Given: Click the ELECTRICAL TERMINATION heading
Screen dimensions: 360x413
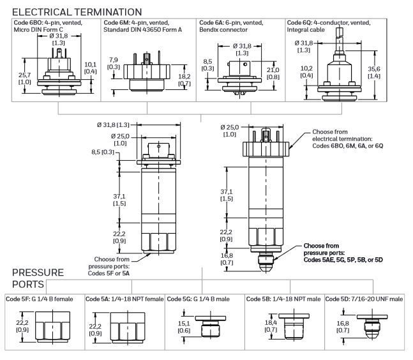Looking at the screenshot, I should (77, 11).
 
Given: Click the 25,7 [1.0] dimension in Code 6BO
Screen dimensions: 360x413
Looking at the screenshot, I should (25, 79).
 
